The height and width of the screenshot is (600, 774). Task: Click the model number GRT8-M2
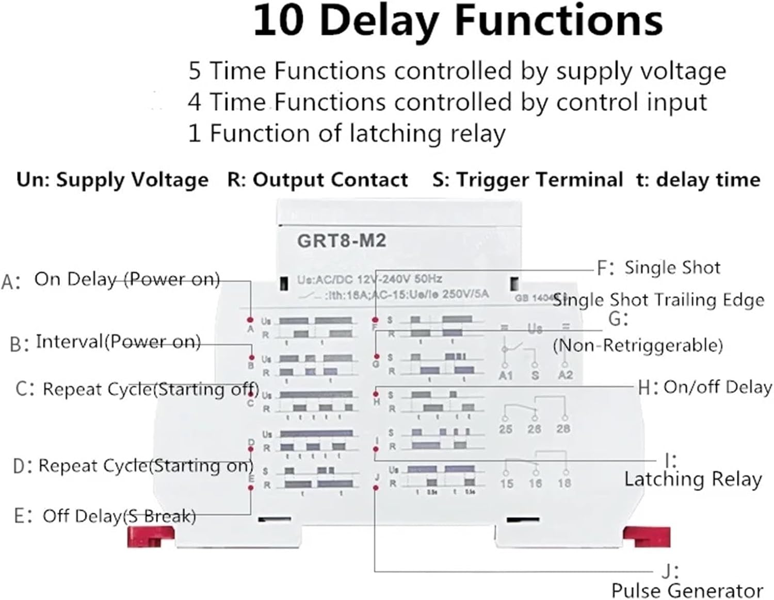341,241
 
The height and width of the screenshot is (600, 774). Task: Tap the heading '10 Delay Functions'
458,22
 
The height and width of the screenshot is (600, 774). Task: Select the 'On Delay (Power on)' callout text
127,279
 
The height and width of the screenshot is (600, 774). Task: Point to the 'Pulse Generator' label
687,590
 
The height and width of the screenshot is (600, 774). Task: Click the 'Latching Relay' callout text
692,479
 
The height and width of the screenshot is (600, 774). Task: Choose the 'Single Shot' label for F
672,268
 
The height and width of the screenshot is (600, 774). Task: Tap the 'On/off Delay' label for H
717,387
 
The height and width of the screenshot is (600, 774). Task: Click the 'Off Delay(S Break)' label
119,515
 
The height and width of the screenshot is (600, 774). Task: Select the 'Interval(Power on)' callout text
118,342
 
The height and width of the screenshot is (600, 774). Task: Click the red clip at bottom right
646,537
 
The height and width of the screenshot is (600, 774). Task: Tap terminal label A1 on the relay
506,375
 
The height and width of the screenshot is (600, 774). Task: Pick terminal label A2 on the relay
566,375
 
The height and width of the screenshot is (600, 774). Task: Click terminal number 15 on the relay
506,483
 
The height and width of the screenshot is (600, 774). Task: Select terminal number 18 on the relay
564,483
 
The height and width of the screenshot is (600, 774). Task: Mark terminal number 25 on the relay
506,429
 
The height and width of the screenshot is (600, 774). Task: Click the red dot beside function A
250,320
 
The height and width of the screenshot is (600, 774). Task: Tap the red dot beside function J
376,487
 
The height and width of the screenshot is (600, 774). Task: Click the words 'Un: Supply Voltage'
112,180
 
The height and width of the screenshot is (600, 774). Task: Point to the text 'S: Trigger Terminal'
527,180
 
